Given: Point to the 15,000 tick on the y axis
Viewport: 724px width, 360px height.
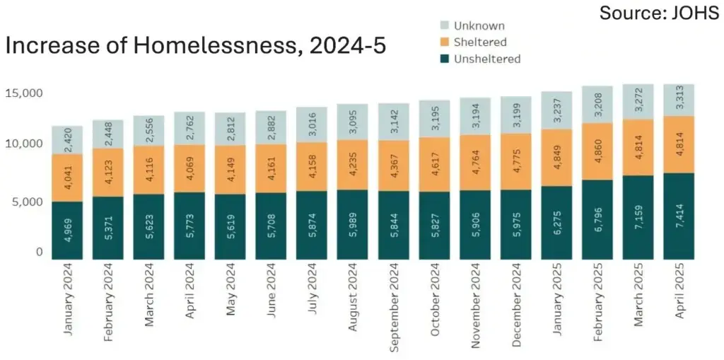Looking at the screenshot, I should point(24,93).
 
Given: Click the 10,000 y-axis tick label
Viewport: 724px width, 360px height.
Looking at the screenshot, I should point(24,144).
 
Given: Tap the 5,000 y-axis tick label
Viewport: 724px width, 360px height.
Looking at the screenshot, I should point(27,202).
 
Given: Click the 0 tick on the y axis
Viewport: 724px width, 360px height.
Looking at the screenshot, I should point(39,252).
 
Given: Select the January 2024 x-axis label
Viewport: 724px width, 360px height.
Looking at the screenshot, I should point(68,298).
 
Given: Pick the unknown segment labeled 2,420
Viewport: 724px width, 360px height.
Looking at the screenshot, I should point(68,140).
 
